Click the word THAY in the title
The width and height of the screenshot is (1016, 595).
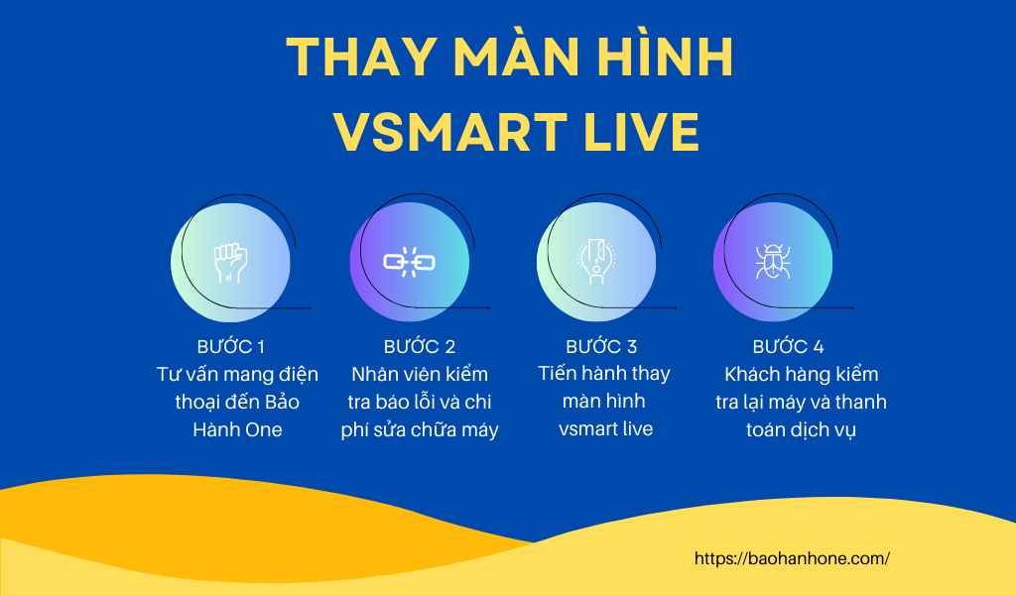click(361, 58)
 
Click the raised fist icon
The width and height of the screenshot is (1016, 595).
click(230, 262)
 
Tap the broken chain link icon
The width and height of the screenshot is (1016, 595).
click(410, 262)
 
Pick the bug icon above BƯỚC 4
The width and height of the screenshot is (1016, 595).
click(772, 262)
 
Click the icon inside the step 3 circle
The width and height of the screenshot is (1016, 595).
click(596, 262)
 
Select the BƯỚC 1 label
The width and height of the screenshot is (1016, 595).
click(230, 346)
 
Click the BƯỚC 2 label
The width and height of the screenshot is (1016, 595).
click(420, 346)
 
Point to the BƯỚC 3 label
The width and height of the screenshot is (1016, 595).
click(601, 346)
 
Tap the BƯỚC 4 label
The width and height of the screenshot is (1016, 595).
click(788, 346)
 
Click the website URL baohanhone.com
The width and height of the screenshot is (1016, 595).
click(792, 558)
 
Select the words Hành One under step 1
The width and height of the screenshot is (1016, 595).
click(237, 429)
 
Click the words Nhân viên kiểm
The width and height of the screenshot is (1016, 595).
click(420, 374)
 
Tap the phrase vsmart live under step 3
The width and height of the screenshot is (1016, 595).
click(606, 428)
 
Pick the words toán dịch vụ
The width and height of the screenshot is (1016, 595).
click(801, 430)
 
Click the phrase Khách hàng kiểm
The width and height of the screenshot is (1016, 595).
click(802, 374)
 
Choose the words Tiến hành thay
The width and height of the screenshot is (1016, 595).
click(604, 374)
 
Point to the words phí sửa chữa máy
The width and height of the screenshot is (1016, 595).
click(420, 430)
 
